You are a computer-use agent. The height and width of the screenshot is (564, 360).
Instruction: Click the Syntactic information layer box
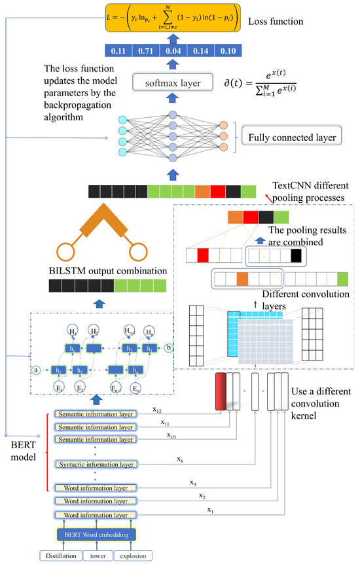[x=96, y=465]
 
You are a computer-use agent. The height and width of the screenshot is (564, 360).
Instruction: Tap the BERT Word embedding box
[x=96, y=535]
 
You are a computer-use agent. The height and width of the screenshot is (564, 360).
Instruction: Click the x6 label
[x=179, y=460]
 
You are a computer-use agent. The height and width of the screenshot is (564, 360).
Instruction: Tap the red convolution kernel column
[x=220, y=392]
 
